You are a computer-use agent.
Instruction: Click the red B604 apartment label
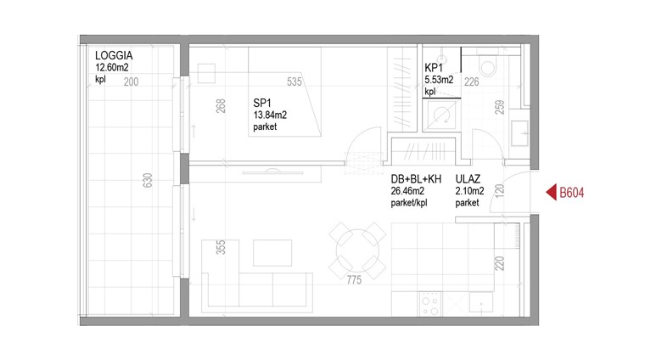(572, 193)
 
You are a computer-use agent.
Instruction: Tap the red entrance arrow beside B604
(552, 193)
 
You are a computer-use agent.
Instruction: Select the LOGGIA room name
(114, 55)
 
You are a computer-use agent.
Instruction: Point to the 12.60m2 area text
(112, 68)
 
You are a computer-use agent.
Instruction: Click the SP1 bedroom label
(262, 103)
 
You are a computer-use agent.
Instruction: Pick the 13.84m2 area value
(270, 115)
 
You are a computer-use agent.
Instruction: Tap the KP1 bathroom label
(434, 68)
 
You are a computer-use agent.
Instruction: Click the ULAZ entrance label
(468, 179)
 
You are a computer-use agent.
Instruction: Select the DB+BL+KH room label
(416, 179)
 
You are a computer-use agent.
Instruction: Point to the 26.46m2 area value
(407, 191)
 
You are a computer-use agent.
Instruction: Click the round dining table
(357, 251)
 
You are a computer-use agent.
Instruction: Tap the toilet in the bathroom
(488, 64)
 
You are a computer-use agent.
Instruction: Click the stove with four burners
(430, 304)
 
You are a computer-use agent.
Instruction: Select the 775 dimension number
(354, 279)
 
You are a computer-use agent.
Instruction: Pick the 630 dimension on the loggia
(148, 180)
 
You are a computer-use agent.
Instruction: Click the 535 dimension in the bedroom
(295, 82)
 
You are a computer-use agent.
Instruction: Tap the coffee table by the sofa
(272, 253)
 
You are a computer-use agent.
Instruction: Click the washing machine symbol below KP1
(441, 115)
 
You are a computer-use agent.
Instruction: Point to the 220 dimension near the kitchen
(499, 264)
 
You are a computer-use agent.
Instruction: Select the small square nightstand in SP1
(206, 74)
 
